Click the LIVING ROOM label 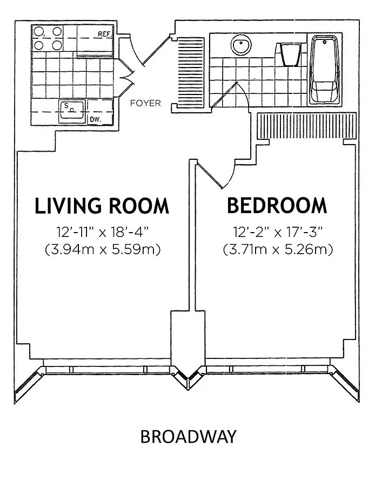(102, 206)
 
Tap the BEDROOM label (277, 206)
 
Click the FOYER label (145, 103)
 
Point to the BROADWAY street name (188, 437)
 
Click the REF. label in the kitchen (105, 34)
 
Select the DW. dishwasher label (95, 119)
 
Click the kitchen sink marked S (72, 112)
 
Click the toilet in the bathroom (290, 54)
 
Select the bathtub (325, 70)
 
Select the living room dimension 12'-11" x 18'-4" (102, 232)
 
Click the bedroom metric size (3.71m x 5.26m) (278, 249)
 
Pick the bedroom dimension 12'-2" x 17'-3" (278, 232)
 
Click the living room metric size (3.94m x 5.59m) (103, 249)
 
